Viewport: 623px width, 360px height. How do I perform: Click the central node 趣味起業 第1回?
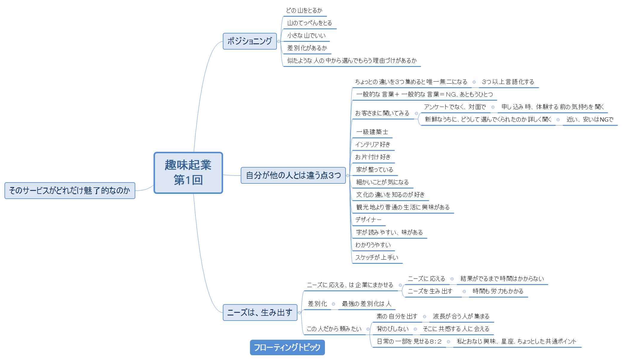[x=188, y=173]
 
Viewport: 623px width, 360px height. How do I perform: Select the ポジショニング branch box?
[x=250, y=41]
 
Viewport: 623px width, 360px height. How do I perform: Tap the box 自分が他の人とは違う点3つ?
[x=293, y=175]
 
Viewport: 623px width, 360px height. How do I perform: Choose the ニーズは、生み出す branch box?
[x=260, y=312]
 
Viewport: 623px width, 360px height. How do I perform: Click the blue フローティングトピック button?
[x=287, y=347]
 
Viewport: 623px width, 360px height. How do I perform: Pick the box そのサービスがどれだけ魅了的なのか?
[x=70, y=191]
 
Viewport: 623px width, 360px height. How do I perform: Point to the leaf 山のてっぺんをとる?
[x=309, y=23]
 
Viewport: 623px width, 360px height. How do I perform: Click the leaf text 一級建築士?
[x=372, y=132]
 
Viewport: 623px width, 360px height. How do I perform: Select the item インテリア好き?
[x=373, y=144]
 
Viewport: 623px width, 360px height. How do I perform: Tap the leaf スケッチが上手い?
[x=377, y=257]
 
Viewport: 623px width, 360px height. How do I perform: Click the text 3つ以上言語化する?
[x=508, y=82]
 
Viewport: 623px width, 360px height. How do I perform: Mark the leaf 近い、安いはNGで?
[x=590, y=120]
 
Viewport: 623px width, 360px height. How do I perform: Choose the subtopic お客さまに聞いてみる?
[x=382, y=113]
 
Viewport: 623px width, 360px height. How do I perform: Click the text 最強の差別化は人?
[x=366, y=304]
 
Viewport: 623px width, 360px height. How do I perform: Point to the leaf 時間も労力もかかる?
[x=498, y=291]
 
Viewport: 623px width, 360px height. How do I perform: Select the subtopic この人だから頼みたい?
[x=334, y=329]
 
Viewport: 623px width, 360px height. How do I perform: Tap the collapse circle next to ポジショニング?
[x=279, y=42]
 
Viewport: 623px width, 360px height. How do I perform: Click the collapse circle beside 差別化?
[x=333, y=304]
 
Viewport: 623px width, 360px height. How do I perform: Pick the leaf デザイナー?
[x=368, y=220]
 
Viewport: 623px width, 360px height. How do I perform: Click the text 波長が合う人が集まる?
[x=461, y=316]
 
